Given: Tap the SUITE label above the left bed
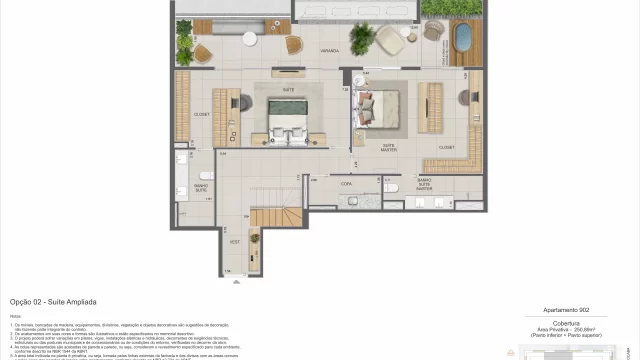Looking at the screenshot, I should pyautogui.click(x=288, y=89).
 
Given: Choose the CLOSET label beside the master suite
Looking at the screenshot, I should pyautogui.click(x=446, y=146).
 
